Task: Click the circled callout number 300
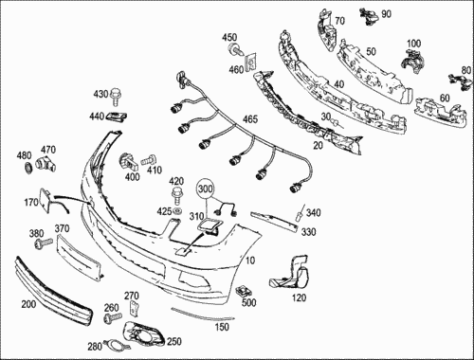tap(205, 189)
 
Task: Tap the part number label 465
tap(250, 119)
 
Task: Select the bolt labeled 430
tap(116, 97)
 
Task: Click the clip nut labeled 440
tap(117, 117)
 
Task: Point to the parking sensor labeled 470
tap(46, 163)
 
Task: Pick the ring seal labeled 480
tap(28, 167)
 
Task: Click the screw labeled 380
tap(44, 243)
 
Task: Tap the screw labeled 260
tap(112, 317)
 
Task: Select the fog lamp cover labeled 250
tap(143, 334)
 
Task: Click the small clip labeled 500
tap(244, 291)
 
